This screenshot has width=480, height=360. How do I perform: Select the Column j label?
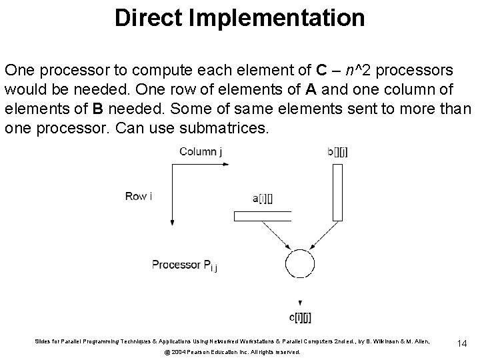[x=199, y=152]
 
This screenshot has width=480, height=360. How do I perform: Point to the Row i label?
[x=139, y=196]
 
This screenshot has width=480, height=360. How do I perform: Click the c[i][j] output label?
[x=301, y=319]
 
